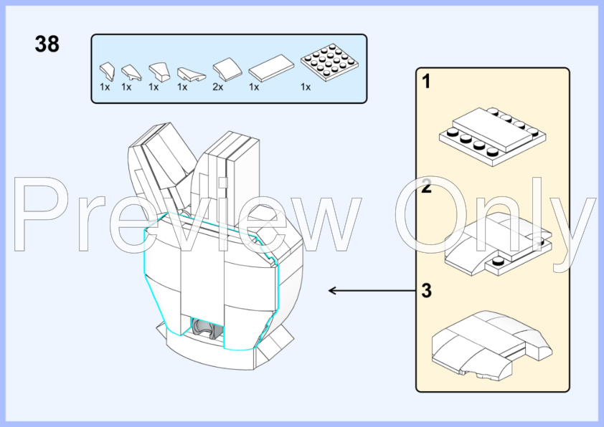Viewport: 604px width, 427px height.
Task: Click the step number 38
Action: tap(47, 44)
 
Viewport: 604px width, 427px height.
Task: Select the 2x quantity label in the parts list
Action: tap(217, 87)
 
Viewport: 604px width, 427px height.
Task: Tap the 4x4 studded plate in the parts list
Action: tap(330, 62)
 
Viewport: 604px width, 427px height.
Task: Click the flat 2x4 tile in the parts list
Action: tap(271, 68)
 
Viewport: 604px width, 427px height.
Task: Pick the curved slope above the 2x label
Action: tap(227, 69)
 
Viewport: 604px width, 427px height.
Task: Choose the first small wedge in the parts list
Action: tap(107, 71)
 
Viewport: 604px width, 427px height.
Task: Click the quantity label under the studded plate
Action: tap(306, 87)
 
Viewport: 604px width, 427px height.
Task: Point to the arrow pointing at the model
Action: tap(372, 291)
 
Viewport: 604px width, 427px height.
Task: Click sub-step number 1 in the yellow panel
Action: tap(426, 82)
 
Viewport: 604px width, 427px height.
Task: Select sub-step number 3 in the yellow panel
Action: tap(426, 290)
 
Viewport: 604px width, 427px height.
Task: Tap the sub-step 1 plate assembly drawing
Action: tap(492, 137)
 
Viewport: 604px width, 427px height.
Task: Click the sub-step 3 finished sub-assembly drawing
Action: tap(492, 345)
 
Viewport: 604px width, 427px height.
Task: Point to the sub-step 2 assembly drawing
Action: tap(498, 244)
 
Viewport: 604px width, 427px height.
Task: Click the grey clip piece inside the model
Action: tap(205, 329)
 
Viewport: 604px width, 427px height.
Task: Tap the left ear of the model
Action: tap(162, 169)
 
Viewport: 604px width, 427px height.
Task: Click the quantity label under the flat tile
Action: tap(254, 87)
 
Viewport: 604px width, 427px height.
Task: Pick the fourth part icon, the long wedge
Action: tap(192, 74)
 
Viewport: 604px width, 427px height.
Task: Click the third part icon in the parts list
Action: tap(159, 72)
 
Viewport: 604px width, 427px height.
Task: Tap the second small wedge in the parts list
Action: tap(131, 72)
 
